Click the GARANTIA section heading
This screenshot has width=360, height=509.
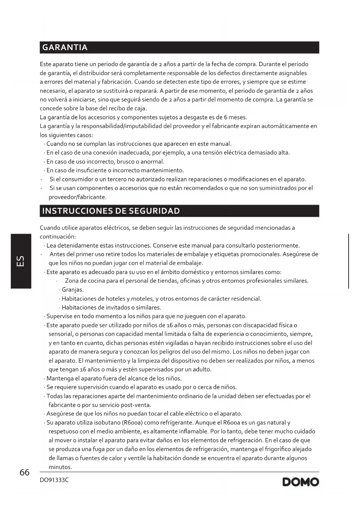(65, 48)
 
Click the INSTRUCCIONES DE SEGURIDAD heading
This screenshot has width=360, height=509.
(111, 211)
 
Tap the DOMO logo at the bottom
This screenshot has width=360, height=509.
(301, 482)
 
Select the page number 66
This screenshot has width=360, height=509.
(25, 472)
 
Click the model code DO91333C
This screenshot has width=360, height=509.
(54, 480)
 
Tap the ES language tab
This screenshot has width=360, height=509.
(21, 261)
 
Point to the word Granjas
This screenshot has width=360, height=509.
(73, 290)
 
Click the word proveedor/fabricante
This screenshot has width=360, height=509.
(77, 197)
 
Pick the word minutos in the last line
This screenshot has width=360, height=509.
(60, 467)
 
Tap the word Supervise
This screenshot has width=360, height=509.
(59, 316)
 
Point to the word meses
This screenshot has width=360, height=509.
(238, 117)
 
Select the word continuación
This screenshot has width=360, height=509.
(57, 237)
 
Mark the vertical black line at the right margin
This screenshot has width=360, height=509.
(348, 261)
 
